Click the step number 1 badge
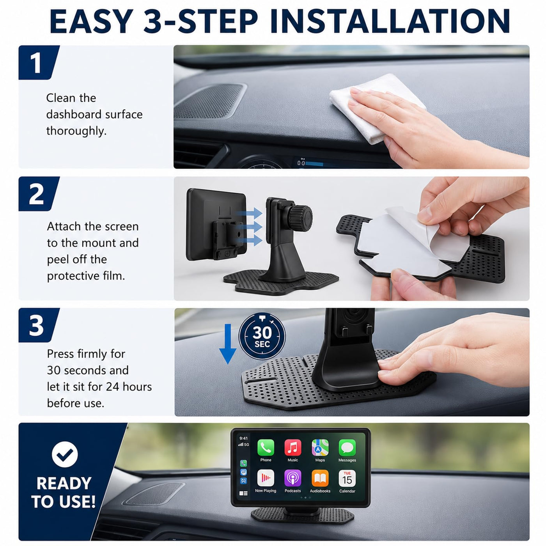coord(38,62)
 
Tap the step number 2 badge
coord(38,194)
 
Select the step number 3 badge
coord(38,325)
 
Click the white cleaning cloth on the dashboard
coord(374,108)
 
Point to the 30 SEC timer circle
coord(262,336)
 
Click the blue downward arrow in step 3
coord(228,344)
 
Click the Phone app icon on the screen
coord(266,447)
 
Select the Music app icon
coord(292,447)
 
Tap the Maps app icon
coord(320,447)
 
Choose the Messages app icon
coord(347,447)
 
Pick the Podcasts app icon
coord(292,478)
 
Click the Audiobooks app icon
coord(320,478)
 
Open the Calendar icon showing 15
coord(347,478)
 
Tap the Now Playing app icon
coord(266,478)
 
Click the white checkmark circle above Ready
coord(65,454)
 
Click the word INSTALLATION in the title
coord(390,21)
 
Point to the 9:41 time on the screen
coord(243,438)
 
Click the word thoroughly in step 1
coord(76,131)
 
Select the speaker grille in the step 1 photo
coord(209,101)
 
